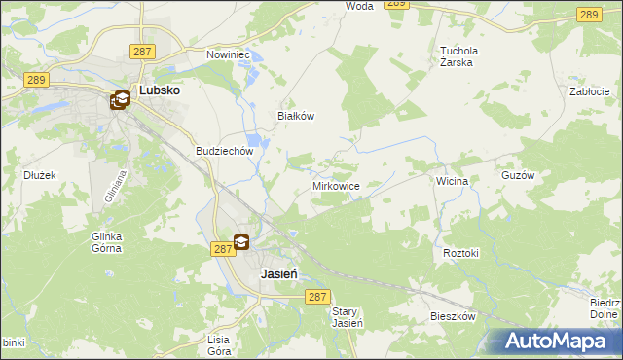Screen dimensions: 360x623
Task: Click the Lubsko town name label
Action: click(159, 90)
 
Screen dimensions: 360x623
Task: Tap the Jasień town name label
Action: click(278, 274)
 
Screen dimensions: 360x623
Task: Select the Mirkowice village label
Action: click(337, 185)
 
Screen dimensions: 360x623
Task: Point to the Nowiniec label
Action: click(229, 55)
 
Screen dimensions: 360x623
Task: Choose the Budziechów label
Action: click(224, 152)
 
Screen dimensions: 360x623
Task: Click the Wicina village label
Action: click(453, 181)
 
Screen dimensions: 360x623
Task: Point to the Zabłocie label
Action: click(589, 91)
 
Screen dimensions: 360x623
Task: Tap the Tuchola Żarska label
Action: click(470, 55)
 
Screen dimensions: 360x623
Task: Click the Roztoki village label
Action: click(461, 253)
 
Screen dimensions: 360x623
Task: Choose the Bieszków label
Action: click(453, 317)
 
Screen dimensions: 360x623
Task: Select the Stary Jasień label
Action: click(347, 317)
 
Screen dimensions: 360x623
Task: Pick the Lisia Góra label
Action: click(218, 344)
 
